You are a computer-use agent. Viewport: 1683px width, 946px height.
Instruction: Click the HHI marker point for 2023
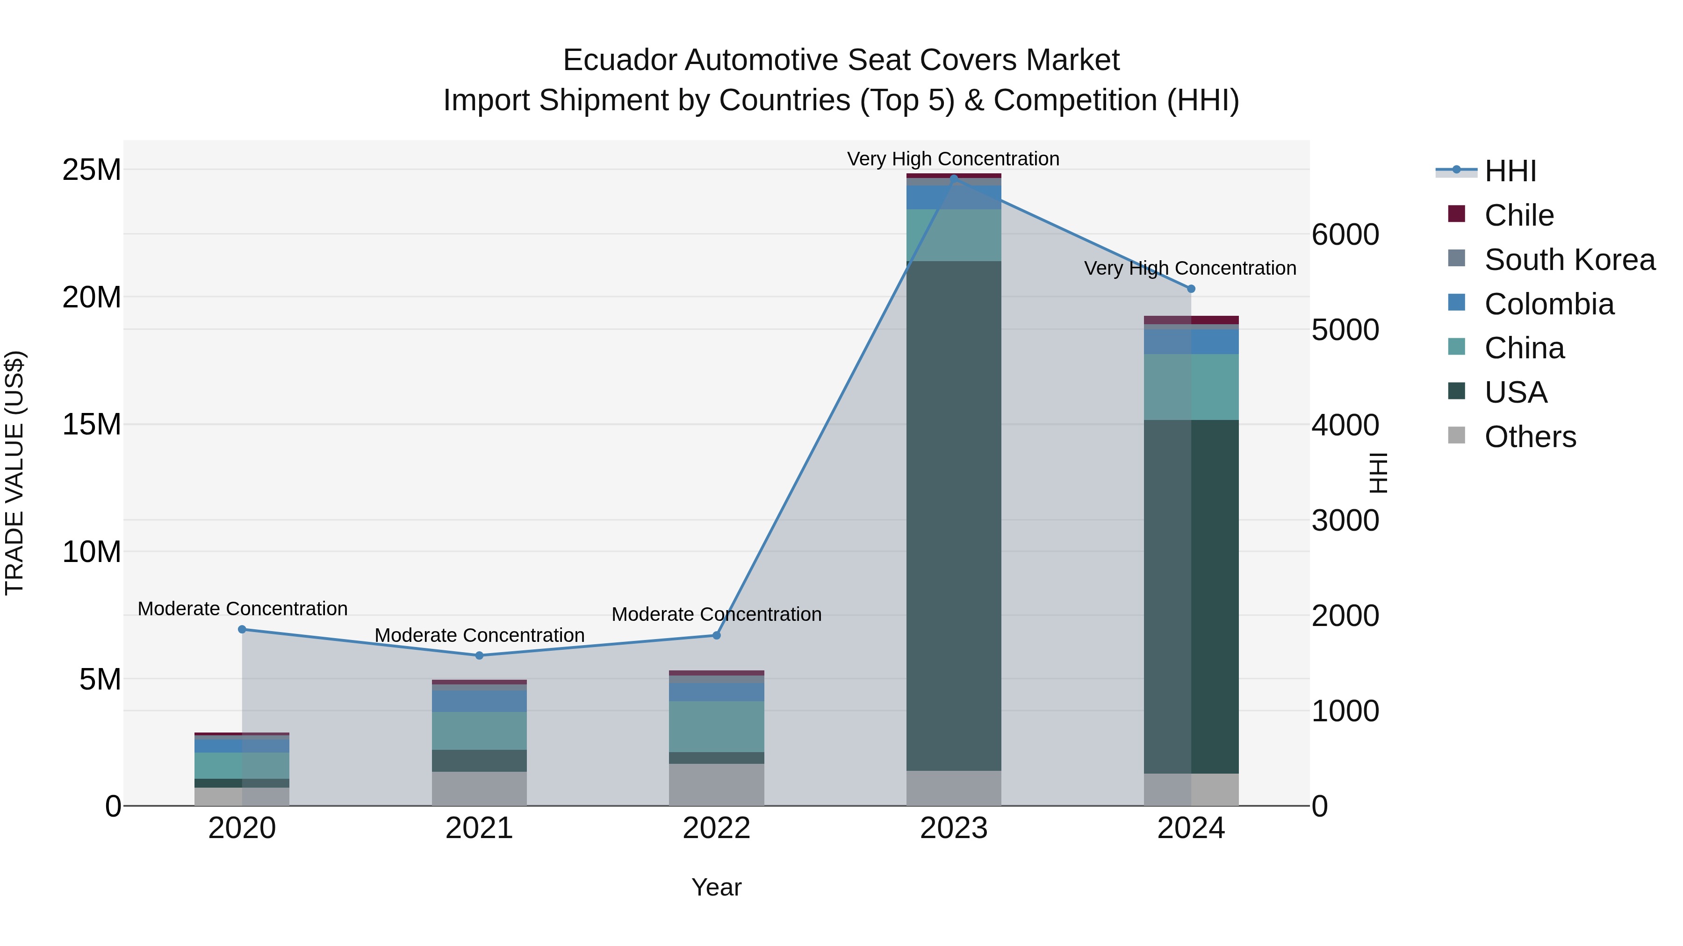coord(953,178)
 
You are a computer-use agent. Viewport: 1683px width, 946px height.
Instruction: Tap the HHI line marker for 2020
coord(242,629)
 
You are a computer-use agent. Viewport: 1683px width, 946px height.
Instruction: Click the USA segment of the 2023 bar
coord(953,516)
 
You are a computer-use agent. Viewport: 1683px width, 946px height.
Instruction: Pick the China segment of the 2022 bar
coord(716,726)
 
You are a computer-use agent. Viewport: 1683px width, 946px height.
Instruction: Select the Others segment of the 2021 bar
coord(479,789)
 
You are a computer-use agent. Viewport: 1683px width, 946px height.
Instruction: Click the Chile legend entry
coord(1518,215)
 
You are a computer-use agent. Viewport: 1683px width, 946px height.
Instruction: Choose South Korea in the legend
coord(1569,260)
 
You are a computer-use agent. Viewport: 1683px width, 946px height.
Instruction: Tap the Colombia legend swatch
coord(1456,303)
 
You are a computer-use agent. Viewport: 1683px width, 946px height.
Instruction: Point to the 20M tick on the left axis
coord(92,298)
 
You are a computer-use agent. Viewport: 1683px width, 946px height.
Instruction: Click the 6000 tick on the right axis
coord(1345,235)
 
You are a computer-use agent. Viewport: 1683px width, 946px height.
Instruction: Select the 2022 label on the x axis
coord(716,828)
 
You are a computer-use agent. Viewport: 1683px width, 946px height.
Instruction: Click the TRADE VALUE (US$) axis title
coord(15,473)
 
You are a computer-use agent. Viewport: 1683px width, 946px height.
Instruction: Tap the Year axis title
coord(716,887)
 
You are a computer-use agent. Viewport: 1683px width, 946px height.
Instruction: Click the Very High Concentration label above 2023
coord(953,159)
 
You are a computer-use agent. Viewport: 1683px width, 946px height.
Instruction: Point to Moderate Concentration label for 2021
coord(479,635)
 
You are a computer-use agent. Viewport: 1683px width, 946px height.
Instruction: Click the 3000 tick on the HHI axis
coord(1345,521)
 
